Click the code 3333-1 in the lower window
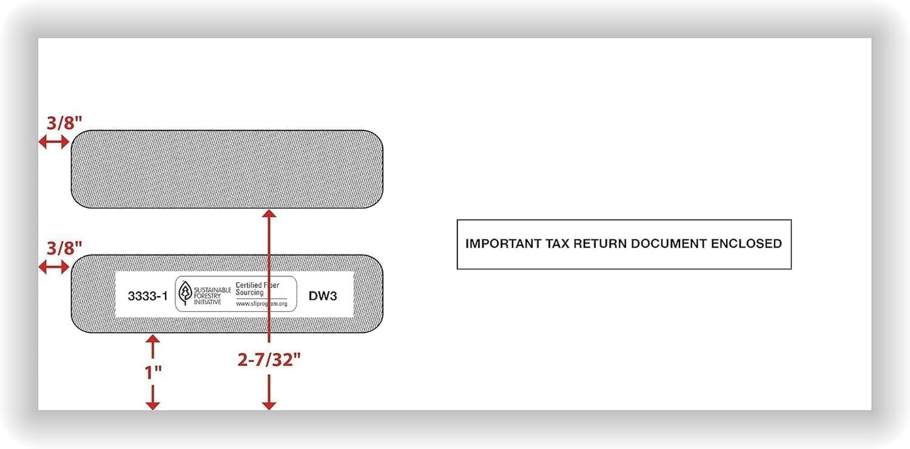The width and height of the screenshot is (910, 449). (x=148, y=296)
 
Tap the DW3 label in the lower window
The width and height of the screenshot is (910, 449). (x=322, y=296)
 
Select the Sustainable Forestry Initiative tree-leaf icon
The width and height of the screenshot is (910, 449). (x=185, y=293)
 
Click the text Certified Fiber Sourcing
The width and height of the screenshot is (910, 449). (x=257, y=289)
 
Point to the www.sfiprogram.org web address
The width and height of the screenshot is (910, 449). (x=261, y=304)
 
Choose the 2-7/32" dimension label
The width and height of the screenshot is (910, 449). (x=269, y=360)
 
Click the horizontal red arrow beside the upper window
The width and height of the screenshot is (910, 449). (x=54, y=142)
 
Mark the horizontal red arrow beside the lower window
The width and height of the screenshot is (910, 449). (x=54, y=267)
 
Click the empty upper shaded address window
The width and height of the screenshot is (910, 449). (x=227, y=169)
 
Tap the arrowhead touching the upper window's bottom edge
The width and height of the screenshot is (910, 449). (x=269, y=214)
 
